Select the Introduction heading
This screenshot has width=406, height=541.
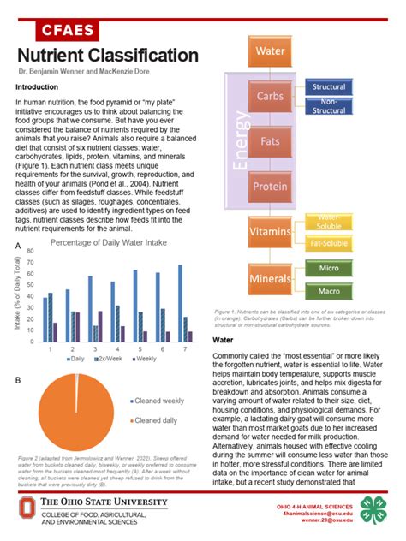37,87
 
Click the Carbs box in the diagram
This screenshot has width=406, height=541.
270,96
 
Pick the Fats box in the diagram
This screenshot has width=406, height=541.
270,140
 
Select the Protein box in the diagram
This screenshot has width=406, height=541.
270,185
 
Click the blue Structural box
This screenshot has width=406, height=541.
330,88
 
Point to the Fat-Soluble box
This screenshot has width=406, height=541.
330,243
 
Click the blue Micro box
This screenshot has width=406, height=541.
330,270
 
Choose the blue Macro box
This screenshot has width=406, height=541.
330,292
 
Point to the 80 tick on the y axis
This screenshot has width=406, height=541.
31,252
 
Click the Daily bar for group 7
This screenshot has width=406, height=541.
180,304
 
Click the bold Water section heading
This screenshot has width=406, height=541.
223,340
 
